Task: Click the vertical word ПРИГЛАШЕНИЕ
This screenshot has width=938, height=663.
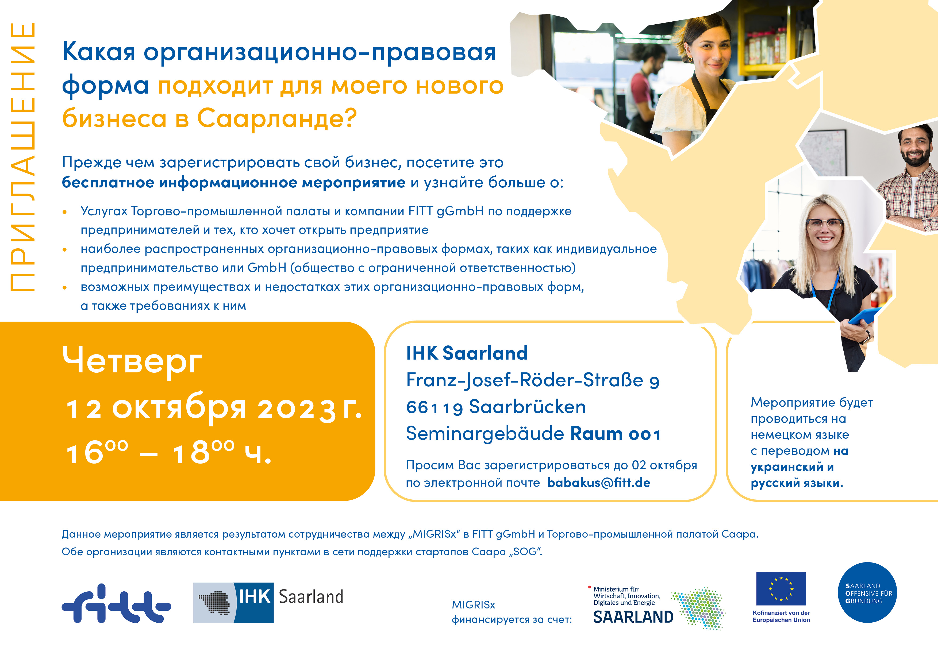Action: pos(22,157)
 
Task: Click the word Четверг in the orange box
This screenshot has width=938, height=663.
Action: pos(132,361)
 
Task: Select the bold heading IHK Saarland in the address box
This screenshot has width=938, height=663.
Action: pos(467,353)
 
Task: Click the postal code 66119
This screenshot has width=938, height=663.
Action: pos(434,407)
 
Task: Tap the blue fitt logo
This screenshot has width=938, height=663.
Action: pos(116,603)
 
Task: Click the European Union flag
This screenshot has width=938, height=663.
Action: pos(781,589)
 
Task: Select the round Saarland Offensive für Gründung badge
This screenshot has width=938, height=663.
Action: pos(867,592)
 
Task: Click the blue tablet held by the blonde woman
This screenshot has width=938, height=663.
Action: pos(864,317)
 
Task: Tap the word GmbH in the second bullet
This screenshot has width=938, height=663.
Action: pos(267,268)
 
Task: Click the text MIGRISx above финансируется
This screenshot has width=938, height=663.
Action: pos(474,604)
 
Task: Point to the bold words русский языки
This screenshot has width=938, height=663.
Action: pos(797,483)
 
